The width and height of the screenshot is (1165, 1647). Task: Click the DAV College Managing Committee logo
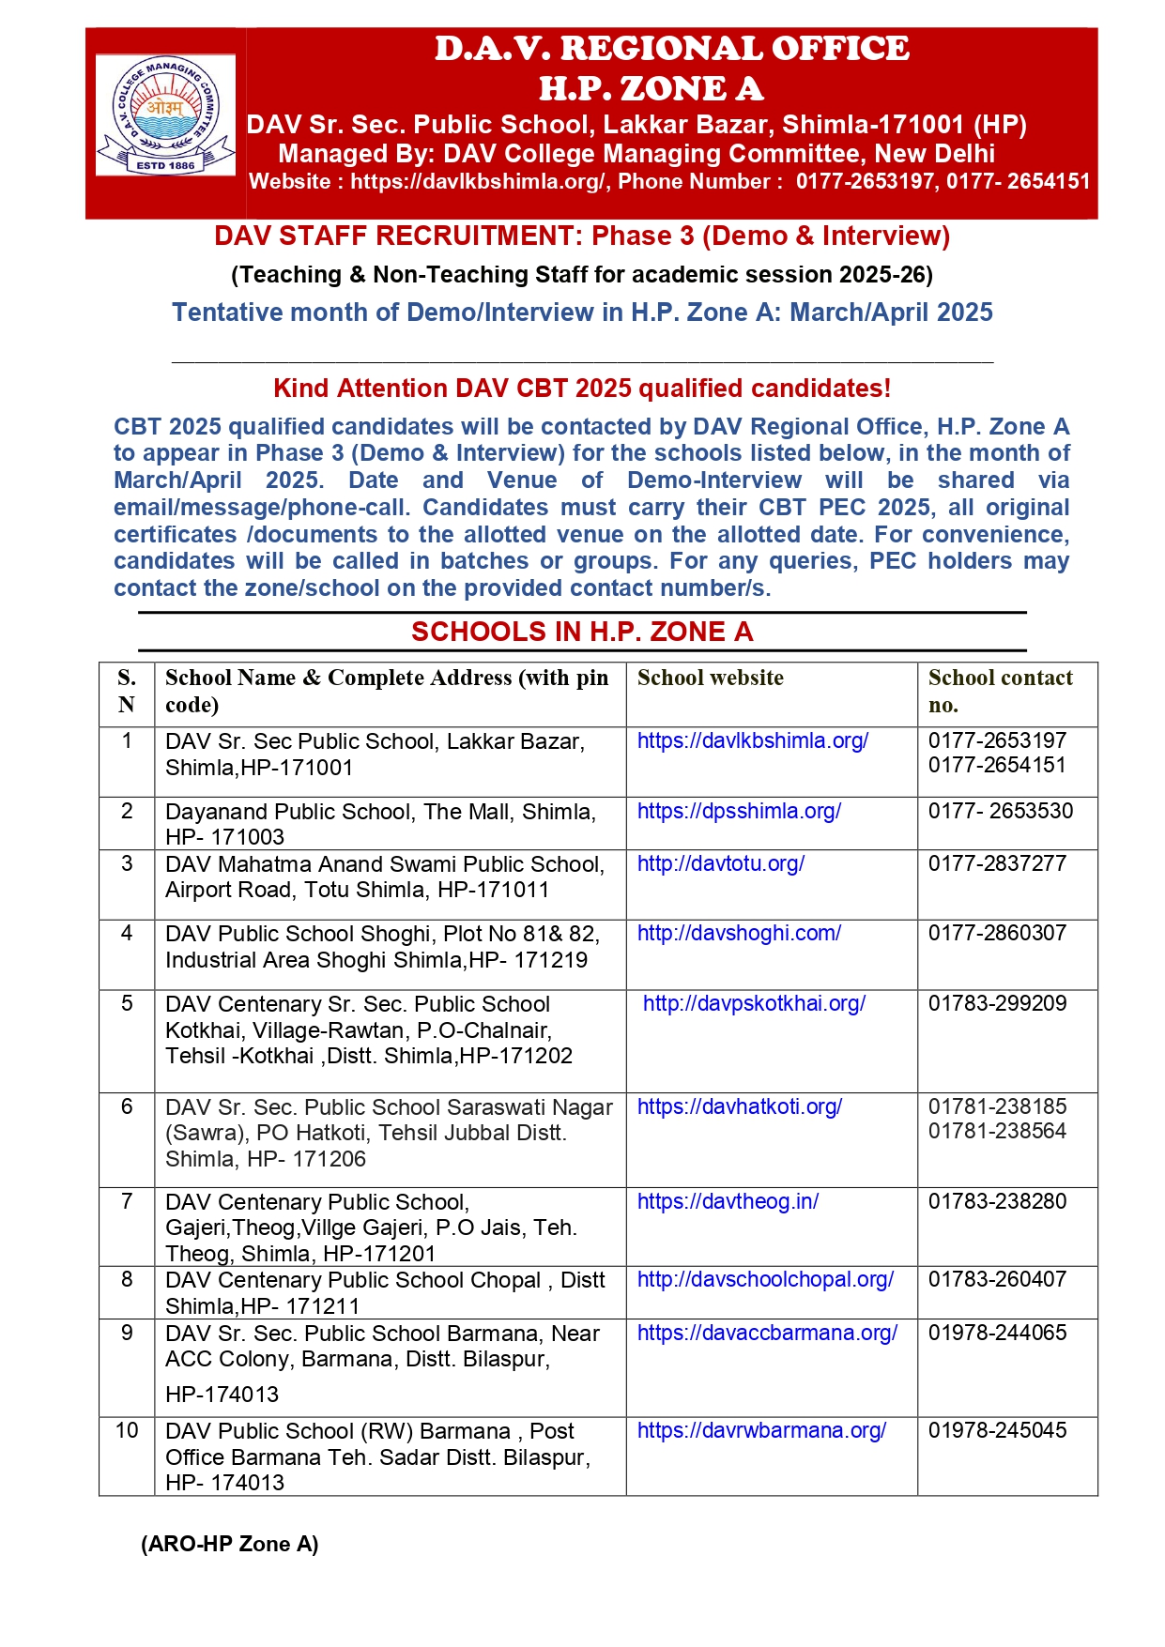[x=165, y=114]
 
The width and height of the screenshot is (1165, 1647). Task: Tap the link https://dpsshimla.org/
[x=739, y=811]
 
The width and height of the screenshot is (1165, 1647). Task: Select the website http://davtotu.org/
[x=720, y=863]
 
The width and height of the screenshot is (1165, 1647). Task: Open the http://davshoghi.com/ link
[x=739, y=933]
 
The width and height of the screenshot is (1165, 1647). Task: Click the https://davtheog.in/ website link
[x=728, y=1201]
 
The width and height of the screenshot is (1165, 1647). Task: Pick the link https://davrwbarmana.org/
[x=761, y=1430]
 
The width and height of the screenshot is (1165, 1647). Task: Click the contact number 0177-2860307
[x=997, y=933]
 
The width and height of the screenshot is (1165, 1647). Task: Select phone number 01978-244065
[x=997, y=1333]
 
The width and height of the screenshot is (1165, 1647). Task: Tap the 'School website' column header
[x=710, y=678]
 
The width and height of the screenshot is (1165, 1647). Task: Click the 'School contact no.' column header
[x=1000, y=691]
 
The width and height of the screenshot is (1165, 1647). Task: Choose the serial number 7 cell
[x=127, y=1201]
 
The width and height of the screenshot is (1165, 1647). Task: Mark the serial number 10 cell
[x=127, y=1430]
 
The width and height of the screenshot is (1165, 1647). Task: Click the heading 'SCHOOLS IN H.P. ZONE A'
[x=582, y=632]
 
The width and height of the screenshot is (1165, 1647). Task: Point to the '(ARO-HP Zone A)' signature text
[x=230, y=1544]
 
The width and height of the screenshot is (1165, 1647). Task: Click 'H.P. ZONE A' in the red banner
[x=651, y=89]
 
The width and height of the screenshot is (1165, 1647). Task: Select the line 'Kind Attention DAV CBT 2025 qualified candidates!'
[x=582, y=389]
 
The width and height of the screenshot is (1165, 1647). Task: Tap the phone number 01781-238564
[x=997, y=1131]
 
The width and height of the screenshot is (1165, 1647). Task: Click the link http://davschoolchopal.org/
[x=765, y=1279]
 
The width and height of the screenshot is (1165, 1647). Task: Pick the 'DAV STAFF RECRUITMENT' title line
[x=582, y=236]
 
